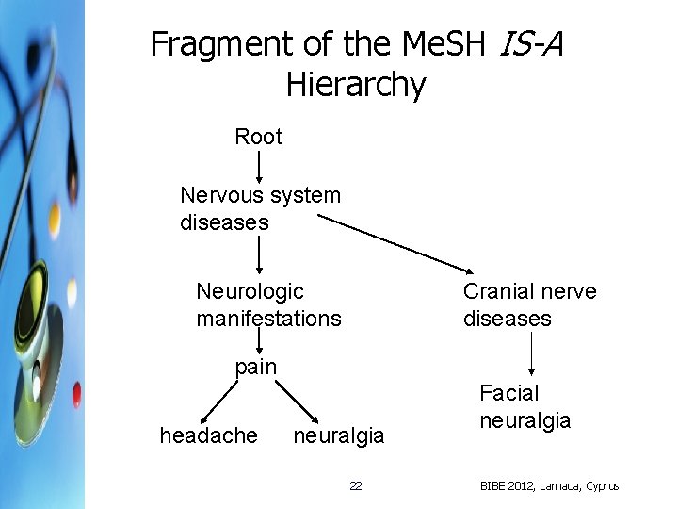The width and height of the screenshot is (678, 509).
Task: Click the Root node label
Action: coord(258,137)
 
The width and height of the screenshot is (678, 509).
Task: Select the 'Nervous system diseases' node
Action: coord(259,209)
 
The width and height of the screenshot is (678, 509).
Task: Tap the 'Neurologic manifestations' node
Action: coord(268,305)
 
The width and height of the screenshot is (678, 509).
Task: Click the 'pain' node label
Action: coord(255,367)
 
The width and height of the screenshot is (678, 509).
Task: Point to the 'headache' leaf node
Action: coord(208,435)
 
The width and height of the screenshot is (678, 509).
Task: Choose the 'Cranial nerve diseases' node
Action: coord(529,305)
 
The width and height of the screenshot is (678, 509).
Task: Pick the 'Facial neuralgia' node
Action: coord(525,406)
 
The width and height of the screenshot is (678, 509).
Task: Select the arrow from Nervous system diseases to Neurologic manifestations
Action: coord(259,254)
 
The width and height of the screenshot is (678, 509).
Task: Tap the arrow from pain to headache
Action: coord(218,400)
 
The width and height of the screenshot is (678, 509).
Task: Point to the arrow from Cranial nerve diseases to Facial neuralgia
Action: coord(534,353)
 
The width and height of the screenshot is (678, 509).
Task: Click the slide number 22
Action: coord(355,486)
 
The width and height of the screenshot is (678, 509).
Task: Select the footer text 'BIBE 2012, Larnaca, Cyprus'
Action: coord(549,486)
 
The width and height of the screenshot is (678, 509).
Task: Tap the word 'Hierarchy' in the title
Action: coord(356,85)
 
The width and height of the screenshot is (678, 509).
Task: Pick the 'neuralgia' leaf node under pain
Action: coord(339,435)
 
